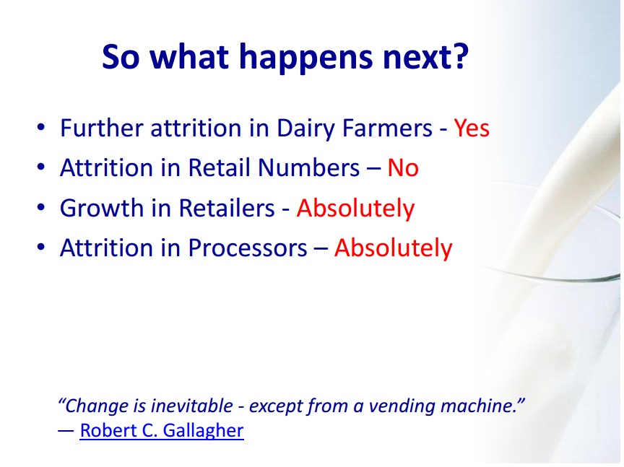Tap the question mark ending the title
[461, 56]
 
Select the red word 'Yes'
[472, 128]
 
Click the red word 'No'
[403, 167]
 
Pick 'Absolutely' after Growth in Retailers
[355, 209]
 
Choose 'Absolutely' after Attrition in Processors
[393, 248]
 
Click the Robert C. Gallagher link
[162, 431]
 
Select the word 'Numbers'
[309, 167]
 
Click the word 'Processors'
[247, 248]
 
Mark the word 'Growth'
[102, 208]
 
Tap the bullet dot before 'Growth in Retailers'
[40, 208]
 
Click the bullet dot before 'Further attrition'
[40, 127]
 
